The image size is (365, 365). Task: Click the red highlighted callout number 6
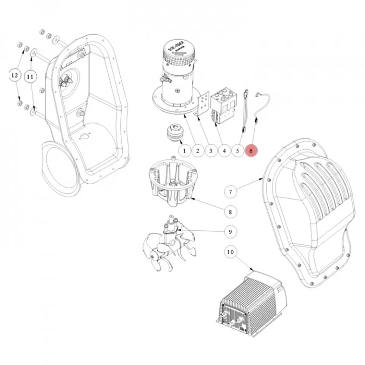pyautogui.click(x=251, y=151)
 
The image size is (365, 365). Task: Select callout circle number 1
pyautogui.click(x=184, y=151)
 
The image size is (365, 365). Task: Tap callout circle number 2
pyautogui.click(x=197, y=151)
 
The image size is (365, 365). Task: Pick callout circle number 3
pyautogui.click(x=211, y=151)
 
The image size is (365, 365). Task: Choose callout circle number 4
pyautogui.click(x=224, y=151)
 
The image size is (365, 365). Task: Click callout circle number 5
pyautogui.click(x=238, y=151)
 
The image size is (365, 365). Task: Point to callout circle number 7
pyautogui.click(x=230, y=192)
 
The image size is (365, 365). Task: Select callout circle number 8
pyautogui.click(x=230, y=212)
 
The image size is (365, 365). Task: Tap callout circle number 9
pyautogui.click(x=230, y=232)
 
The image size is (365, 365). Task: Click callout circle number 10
pyautogui.click(x=230, y=252)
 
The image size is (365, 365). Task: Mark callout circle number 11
pyautogui.click(x=30, y=77)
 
